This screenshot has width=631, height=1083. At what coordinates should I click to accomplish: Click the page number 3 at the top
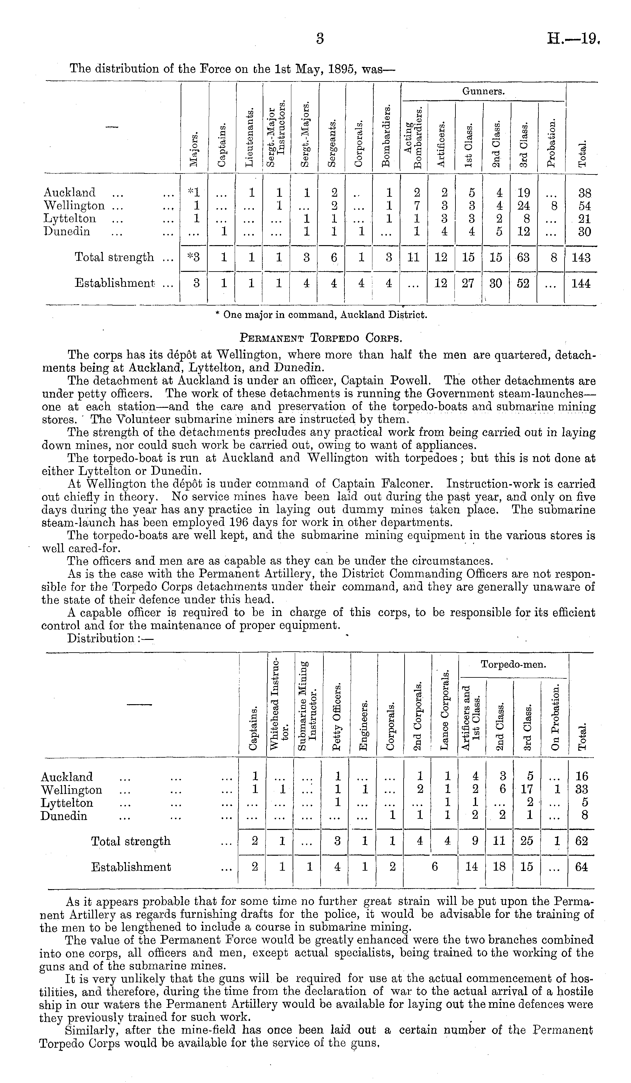(319, 39)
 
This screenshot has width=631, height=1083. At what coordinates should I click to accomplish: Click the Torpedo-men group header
(513, 664)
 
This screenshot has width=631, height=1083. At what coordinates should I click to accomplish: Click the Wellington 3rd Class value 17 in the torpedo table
(527, 790)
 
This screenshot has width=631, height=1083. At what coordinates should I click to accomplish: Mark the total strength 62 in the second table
(581, 841)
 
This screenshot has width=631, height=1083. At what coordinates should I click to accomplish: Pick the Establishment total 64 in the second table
(581, 867)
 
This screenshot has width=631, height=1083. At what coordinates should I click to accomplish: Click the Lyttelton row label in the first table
(70, 219)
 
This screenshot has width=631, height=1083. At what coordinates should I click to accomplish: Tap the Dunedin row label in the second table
(64, 816)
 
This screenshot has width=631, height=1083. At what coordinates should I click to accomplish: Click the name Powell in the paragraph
(409, 381)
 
